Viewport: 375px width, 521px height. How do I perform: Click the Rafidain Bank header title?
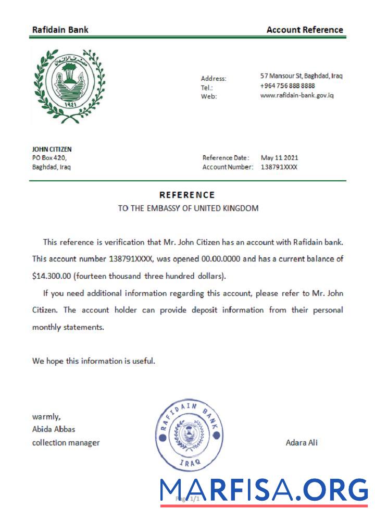click(60, 30)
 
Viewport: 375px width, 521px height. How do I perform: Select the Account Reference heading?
click(305, 30)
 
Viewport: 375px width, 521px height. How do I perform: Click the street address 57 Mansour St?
click(301, 76)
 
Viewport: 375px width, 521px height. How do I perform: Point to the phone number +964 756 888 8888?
click(295, 85)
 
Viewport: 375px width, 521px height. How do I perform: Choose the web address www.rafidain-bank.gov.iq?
click(297, 95)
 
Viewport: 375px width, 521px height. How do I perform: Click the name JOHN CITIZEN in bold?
click(52, 149)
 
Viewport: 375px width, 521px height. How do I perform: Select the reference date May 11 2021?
click(279, 158)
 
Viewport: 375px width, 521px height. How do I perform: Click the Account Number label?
click(228, 167)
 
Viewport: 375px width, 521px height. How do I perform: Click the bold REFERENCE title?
click(187, 195)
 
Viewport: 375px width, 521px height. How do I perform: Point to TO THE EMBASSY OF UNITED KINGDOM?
click(188, 208)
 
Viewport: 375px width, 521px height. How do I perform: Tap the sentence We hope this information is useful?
click(94, 361)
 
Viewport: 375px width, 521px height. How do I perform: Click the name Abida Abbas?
click(54, 429)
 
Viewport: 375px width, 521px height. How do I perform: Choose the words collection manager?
click(66, 443)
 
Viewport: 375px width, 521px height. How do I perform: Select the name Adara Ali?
click(302, 443)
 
